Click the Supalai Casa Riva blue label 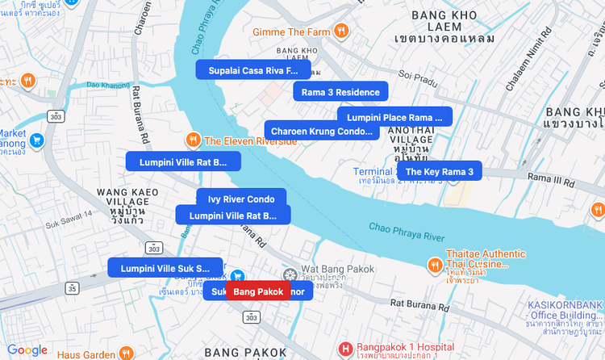(x=252, y=70)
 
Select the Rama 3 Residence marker (x=340, y=92)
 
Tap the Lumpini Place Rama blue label (x=394, y=117)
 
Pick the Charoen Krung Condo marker (x=322, y=131)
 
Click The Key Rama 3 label (x=440, y=171)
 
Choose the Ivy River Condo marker (x=241, y=199)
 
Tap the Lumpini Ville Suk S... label (x=165, y=268)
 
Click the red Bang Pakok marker (x=258, y=291)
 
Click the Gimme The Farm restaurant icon (x=343, y=31)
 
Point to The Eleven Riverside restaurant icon (x=193, y=140)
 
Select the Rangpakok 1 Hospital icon (x=346, y=349)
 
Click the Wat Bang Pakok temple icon (x=290, y=274)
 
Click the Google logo (x=27, y=350)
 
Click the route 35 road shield (x=73, y=287)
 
